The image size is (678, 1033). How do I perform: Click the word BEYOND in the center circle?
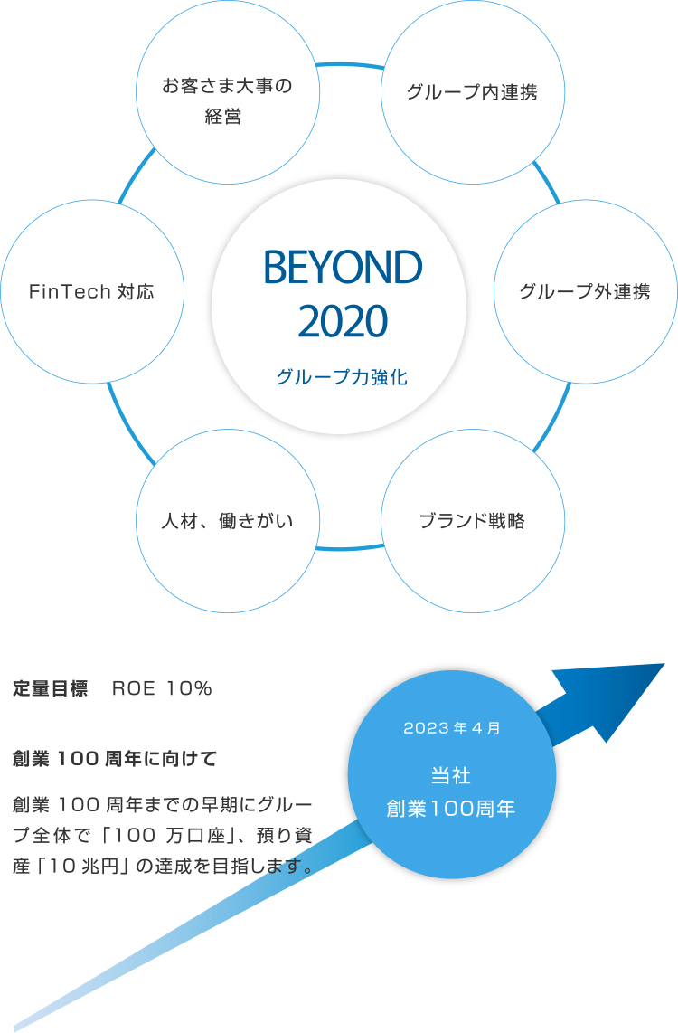[343, 267]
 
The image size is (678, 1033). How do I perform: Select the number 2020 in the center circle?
[343, 321]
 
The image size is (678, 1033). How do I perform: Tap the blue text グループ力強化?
[343, 377]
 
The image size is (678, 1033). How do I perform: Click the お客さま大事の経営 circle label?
[227, 100]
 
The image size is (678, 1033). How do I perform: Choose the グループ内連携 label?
[473, 92]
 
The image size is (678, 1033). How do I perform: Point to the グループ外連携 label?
[585, 291]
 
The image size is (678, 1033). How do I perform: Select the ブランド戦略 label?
[473, 521]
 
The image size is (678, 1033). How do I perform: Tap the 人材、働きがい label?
[227, 521]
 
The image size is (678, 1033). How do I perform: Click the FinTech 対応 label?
[91, 291]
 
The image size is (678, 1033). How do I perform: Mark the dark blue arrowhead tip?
[664, 664]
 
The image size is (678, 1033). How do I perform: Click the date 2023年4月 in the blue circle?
[452, 728]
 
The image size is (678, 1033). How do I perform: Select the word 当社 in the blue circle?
[451, 775]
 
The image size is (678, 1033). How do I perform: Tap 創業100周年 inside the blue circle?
[451, 809]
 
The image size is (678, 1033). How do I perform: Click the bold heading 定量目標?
[50, 689]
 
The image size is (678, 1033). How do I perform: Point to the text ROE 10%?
[162, 689]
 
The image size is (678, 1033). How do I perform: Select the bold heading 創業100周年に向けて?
[115, 759]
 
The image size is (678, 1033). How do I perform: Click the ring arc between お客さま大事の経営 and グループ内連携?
[350, 64]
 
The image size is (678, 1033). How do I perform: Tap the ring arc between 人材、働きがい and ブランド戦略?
[350, 548]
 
